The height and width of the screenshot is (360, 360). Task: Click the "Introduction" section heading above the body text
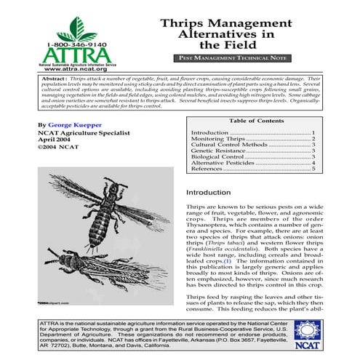(x=208, y=193)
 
